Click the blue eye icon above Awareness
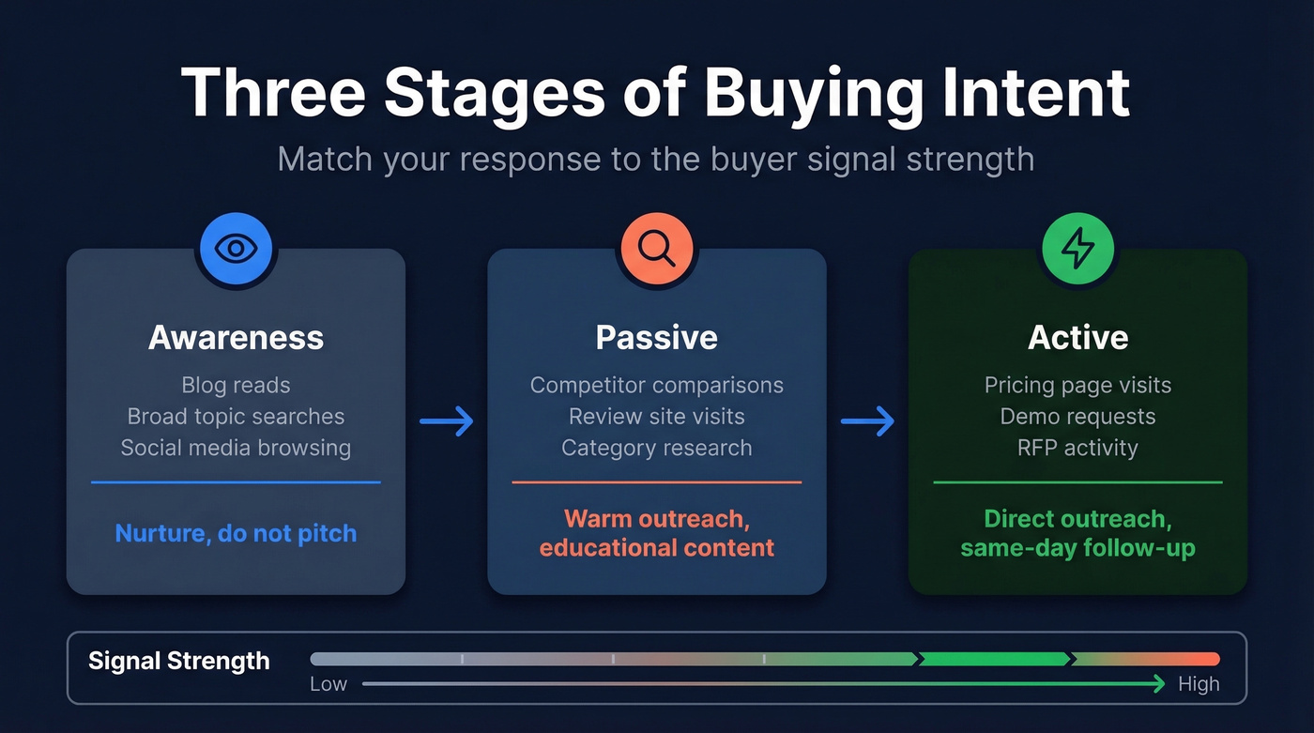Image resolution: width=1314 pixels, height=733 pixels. (x=236, y=249)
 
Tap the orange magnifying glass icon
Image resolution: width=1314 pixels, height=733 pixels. (x=656, y=249)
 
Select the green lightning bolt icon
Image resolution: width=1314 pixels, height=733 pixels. (x=1077, y=249)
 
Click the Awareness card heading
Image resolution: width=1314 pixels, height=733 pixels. (x=236, y=338)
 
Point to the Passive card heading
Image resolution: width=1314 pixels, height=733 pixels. (x=656, y=338)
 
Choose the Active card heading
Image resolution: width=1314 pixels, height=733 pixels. (x=1077, y=338)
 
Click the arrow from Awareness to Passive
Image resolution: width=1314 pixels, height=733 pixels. (x=447, y=421)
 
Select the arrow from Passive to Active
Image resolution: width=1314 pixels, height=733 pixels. (x=867, y=421)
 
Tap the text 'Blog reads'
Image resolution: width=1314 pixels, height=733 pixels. (x=236, y=386)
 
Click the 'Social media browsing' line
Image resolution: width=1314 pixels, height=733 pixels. (x=236, y=448)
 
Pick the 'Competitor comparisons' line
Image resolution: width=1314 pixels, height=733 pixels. (x=656, y=386)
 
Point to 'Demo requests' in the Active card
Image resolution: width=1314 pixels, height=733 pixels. (x=1077, y=417)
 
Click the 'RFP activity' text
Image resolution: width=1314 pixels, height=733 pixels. (x=1077, y=448)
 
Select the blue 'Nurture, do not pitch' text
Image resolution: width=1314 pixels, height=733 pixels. (x=236, y=534)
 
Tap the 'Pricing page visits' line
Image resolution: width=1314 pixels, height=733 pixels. (x=1077, y=386)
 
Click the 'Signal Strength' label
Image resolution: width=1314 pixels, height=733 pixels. (x=178, y=661)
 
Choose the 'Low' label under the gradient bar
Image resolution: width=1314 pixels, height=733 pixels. (x=328, y=684)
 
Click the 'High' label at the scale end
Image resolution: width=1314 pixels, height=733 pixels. (x=1199, y=684)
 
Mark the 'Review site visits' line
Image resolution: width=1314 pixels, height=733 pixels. (x=656, y=417)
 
